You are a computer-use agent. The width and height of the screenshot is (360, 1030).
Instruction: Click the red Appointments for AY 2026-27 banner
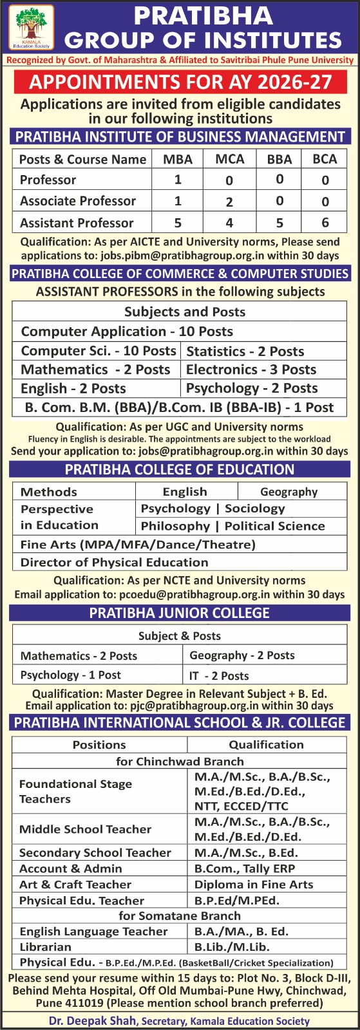180,82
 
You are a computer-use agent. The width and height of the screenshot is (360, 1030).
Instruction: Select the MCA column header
229,159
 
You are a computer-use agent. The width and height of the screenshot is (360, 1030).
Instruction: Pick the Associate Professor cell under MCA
229,201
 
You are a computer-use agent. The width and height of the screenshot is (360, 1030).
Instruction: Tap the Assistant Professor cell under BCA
325,223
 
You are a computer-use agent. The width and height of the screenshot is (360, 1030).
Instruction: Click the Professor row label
48,180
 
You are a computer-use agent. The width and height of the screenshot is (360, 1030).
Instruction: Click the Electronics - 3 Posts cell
251,370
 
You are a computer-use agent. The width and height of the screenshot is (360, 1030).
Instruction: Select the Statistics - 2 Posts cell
245,351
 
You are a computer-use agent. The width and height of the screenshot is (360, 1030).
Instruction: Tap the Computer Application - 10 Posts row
127,332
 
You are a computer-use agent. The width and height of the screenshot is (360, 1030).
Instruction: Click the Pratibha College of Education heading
180,470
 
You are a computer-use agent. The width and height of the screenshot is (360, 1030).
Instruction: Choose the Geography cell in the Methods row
289,492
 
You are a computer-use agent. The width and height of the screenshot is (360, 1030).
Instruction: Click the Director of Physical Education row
114,562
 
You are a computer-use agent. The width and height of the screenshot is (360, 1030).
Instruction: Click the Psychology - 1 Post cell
71,675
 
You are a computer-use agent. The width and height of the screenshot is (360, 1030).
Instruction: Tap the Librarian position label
45,947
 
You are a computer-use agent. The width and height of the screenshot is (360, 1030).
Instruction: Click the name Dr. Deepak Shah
93,1020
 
